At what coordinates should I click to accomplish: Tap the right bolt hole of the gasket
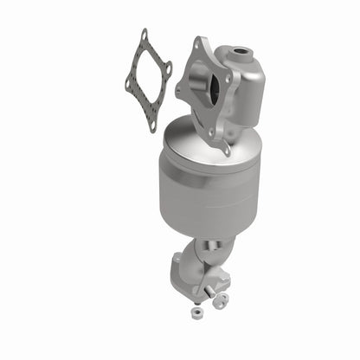tap(168, 67)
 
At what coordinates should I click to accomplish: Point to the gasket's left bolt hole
tap(128, 84)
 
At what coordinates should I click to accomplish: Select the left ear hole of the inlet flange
tap(180, 88)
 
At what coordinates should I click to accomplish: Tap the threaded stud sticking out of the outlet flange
tap(227, 281)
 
